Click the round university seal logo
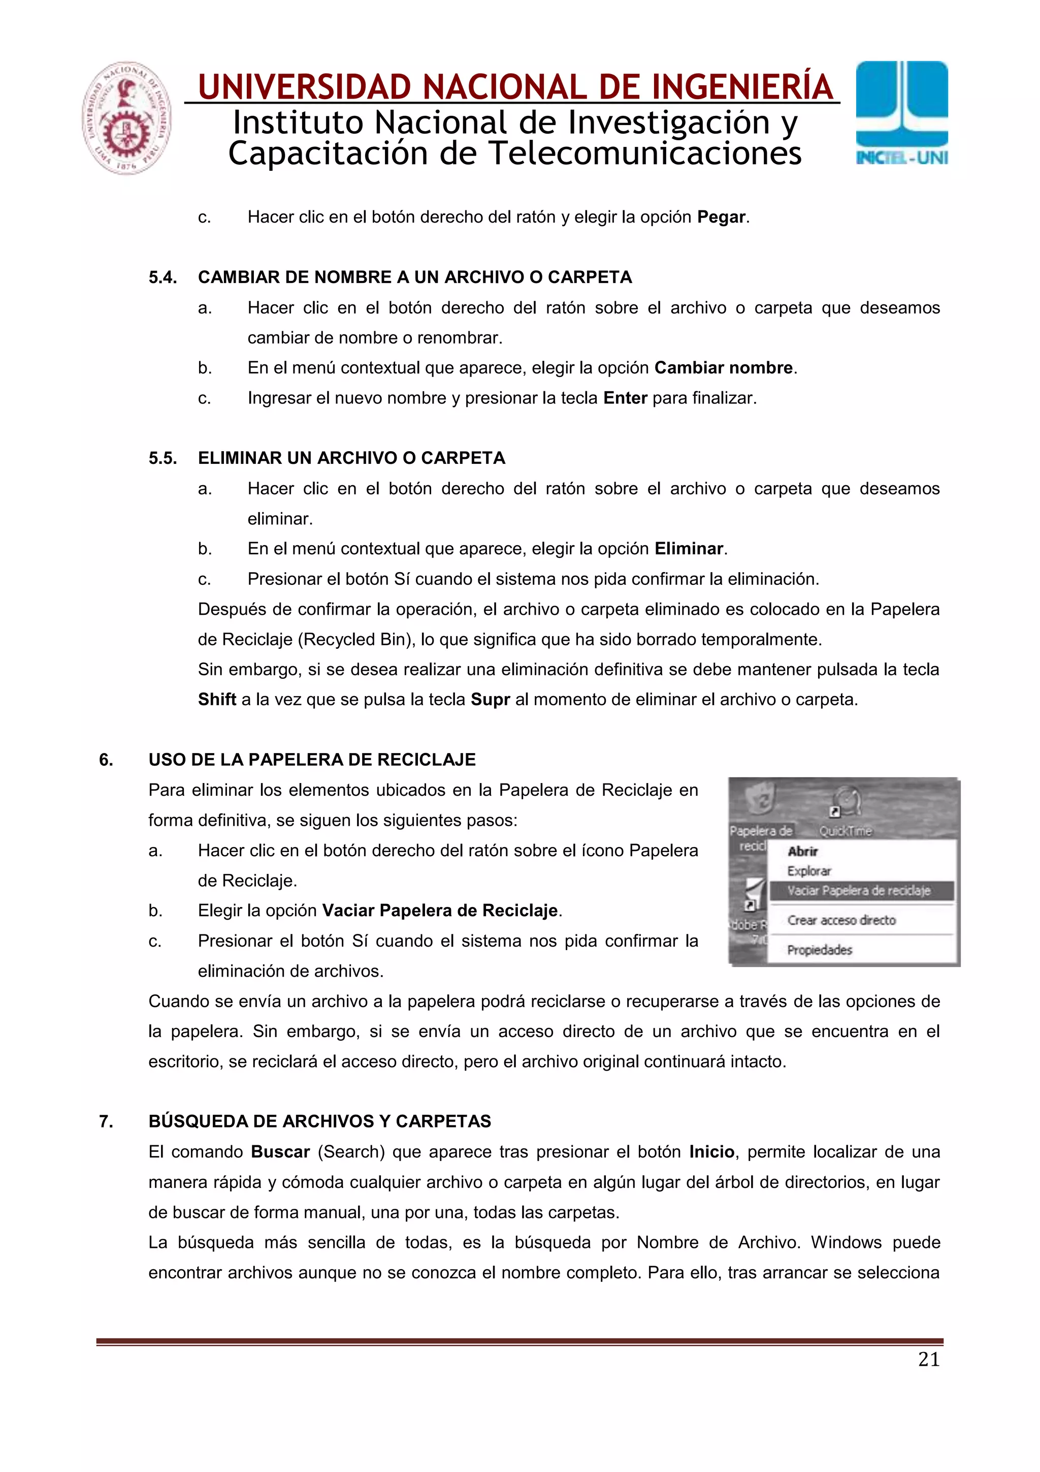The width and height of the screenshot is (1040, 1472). (x=127, y=118)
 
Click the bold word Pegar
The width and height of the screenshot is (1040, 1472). (x=722, y=217)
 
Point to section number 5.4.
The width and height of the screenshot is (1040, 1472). (x=163, y=277)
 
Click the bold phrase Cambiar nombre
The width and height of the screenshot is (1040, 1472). (x=724, y=368)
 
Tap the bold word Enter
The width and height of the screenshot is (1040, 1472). (x=625, y=398)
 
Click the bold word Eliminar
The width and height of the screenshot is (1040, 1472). (x=688, y=549)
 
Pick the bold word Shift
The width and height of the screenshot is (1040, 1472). (x=217, y=700)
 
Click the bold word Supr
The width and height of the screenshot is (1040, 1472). (x=490, y=700)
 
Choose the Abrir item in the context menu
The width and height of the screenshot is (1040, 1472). (x=802, y=852)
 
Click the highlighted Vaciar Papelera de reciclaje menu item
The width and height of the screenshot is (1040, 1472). (x=859, y=891)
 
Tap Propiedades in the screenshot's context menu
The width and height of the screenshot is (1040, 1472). (x=820, y=950)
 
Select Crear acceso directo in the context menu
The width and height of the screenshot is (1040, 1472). (x=841, y=920)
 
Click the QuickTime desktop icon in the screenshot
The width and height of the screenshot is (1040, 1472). (x=846, y=808)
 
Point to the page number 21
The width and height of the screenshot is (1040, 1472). (x=928, y=1359)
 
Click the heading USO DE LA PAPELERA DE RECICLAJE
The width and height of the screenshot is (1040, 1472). (x=312, y=760)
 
